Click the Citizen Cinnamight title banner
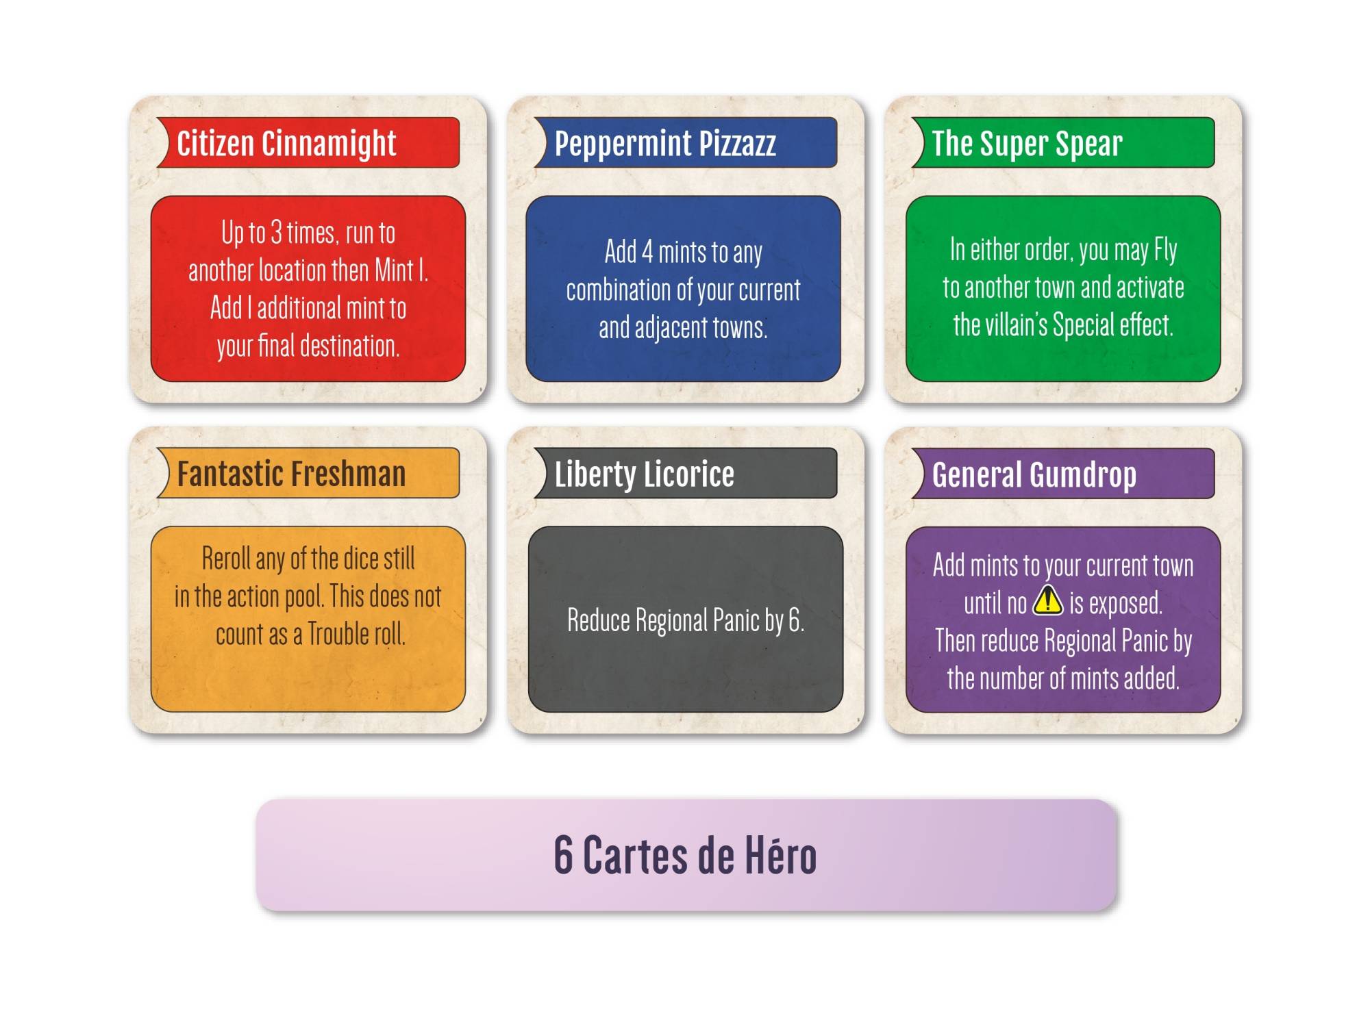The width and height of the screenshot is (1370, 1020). tap(308, 142)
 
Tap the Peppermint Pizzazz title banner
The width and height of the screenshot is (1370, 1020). tap(686, 142)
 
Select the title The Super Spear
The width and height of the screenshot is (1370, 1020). tap(1027, 144)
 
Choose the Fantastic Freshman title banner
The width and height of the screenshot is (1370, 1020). tap(308, 473)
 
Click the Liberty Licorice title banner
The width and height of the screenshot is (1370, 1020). tap(686, 473)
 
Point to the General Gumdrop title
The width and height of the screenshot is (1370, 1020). tap(1034, 474)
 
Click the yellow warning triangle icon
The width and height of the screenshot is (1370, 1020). tap(1047, 600)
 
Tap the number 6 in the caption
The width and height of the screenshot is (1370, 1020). tap(563, 855)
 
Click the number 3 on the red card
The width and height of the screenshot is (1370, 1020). tap(276, 233)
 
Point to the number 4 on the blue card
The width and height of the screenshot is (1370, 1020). tap(647, 252)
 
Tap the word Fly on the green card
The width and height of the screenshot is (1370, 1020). tap(1165, 251)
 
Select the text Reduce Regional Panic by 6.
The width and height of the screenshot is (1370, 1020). tap(686, 620)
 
